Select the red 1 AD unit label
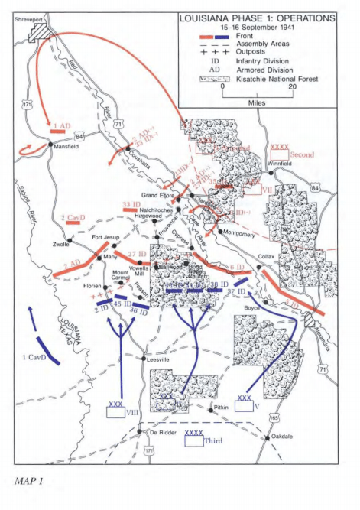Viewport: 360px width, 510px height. (62, 125)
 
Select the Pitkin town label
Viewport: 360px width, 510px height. (222, 410)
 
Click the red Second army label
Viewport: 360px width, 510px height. (303, 154)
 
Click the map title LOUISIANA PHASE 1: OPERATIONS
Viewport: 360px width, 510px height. (256, 16)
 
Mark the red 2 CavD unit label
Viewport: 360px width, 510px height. (74, 218)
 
